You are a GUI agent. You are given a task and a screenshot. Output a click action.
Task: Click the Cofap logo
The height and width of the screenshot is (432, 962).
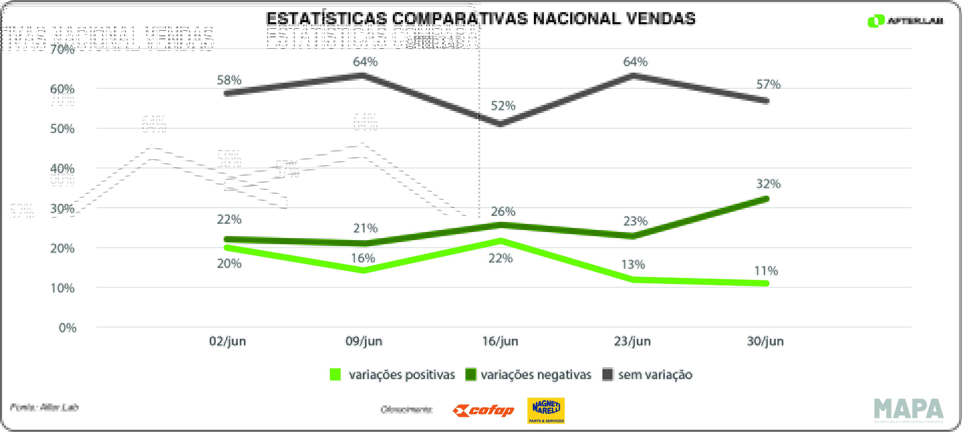coord(483,411)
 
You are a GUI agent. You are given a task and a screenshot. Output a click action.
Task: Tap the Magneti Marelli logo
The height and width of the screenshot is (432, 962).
coord(546,410)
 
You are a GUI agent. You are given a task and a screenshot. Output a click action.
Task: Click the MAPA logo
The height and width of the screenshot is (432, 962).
coord(909,409)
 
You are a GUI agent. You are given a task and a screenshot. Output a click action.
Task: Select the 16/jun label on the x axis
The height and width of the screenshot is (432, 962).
coord(500,341)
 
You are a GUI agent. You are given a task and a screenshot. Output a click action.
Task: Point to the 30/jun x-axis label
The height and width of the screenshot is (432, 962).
coord(765,341)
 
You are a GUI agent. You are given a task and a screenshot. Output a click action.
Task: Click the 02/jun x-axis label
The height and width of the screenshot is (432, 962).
coord(227,341)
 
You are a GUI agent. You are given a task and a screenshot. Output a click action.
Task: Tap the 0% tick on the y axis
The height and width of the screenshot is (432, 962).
coord(67,328)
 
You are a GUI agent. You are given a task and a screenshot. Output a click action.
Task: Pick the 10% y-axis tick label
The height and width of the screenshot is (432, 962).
coord(62,288)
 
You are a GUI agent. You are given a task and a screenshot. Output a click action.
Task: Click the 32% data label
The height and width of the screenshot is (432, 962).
coord(768,184)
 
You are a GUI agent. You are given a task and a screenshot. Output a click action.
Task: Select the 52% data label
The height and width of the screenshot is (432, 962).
coord(503,106)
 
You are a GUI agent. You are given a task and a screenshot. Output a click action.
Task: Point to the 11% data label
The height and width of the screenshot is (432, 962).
coord(766,271)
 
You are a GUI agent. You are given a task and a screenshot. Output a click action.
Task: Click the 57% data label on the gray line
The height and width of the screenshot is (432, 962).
coord(768,84)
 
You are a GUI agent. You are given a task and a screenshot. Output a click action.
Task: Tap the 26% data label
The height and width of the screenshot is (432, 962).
coord(503,212)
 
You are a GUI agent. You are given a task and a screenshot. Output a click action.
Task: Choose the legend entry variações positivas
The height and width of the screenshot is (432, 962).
coord(392,375)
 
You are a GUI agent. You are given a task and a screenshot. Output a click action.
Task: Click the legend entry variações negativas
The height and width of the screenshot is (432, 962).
coord(528,375)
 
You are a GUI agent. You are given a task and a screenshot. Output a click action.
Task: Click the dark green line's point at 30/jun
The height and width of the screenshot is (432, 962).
coord(766,199)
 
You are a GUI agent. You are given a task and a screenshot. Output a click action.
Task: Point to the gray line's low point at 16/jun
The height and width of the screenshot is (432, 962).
coord(500,124)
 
